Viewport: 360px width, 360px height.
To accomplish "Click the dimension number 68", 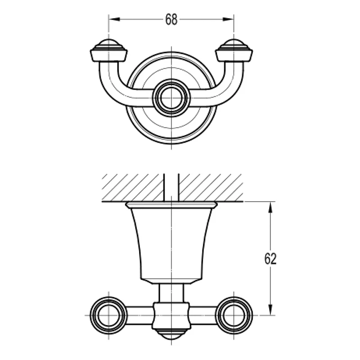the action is click(x=171, y=19).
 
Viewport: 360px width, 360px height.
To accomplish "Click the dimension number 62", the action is click(x=270, y=259).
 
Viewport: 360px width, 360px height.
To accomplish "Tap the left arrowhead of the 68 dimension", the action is click(x=114, y=19).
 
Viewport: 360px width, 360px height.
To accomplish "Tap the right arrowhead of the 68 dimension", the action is click(x=228, y=19).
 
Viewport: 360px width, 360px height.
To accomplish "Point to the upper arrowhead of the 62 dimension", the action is click(x=270, y=207).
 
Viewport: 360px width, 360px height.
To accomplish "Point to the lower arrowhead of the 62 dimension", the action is click(x=270, y=309).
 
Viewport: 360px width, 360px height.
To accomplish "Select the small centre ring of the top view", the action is click(x=171, y=98).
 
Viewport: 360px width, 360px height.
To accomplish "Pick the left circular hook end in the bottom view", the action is click(x=108, y=315).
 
